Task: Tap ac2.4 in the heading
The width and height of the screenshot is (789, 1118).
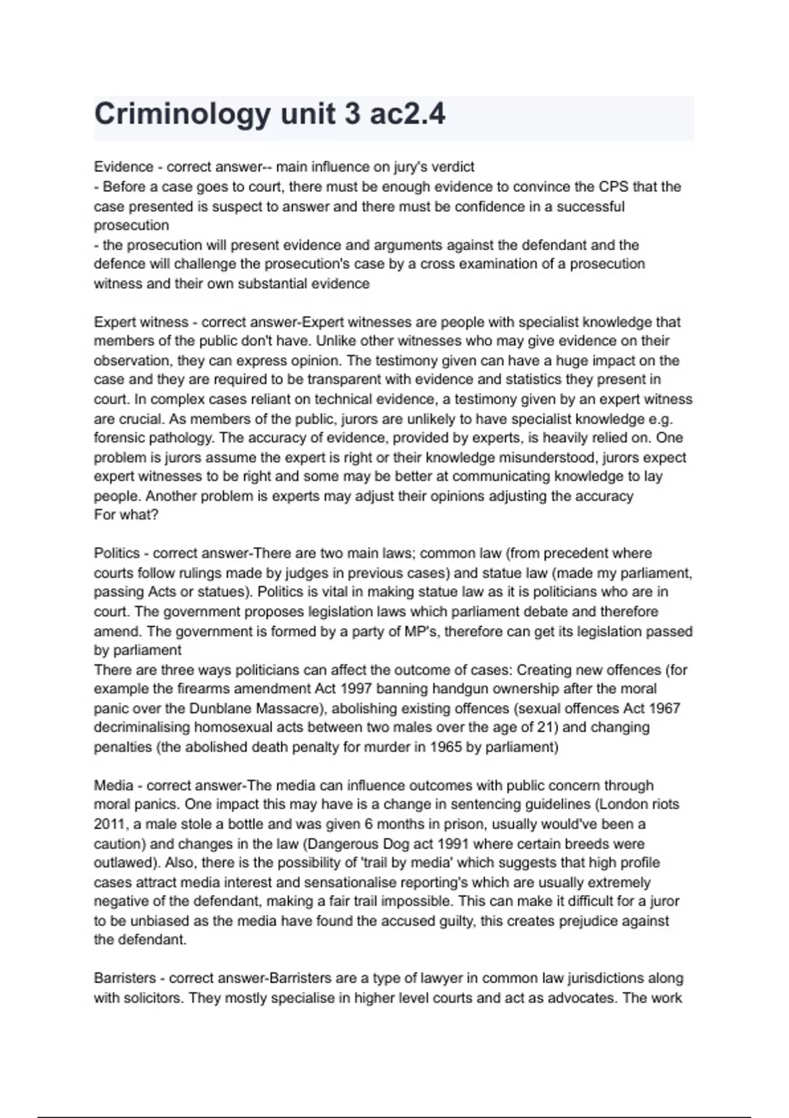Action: coord(408,114)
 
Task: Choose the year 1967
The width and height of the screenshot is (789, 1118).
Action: coord(663,709)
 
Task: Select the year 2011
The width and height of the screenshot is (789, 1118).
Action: coord(108,824)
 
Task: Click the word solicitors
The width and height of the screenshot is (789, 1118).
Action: coord(150,998)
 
